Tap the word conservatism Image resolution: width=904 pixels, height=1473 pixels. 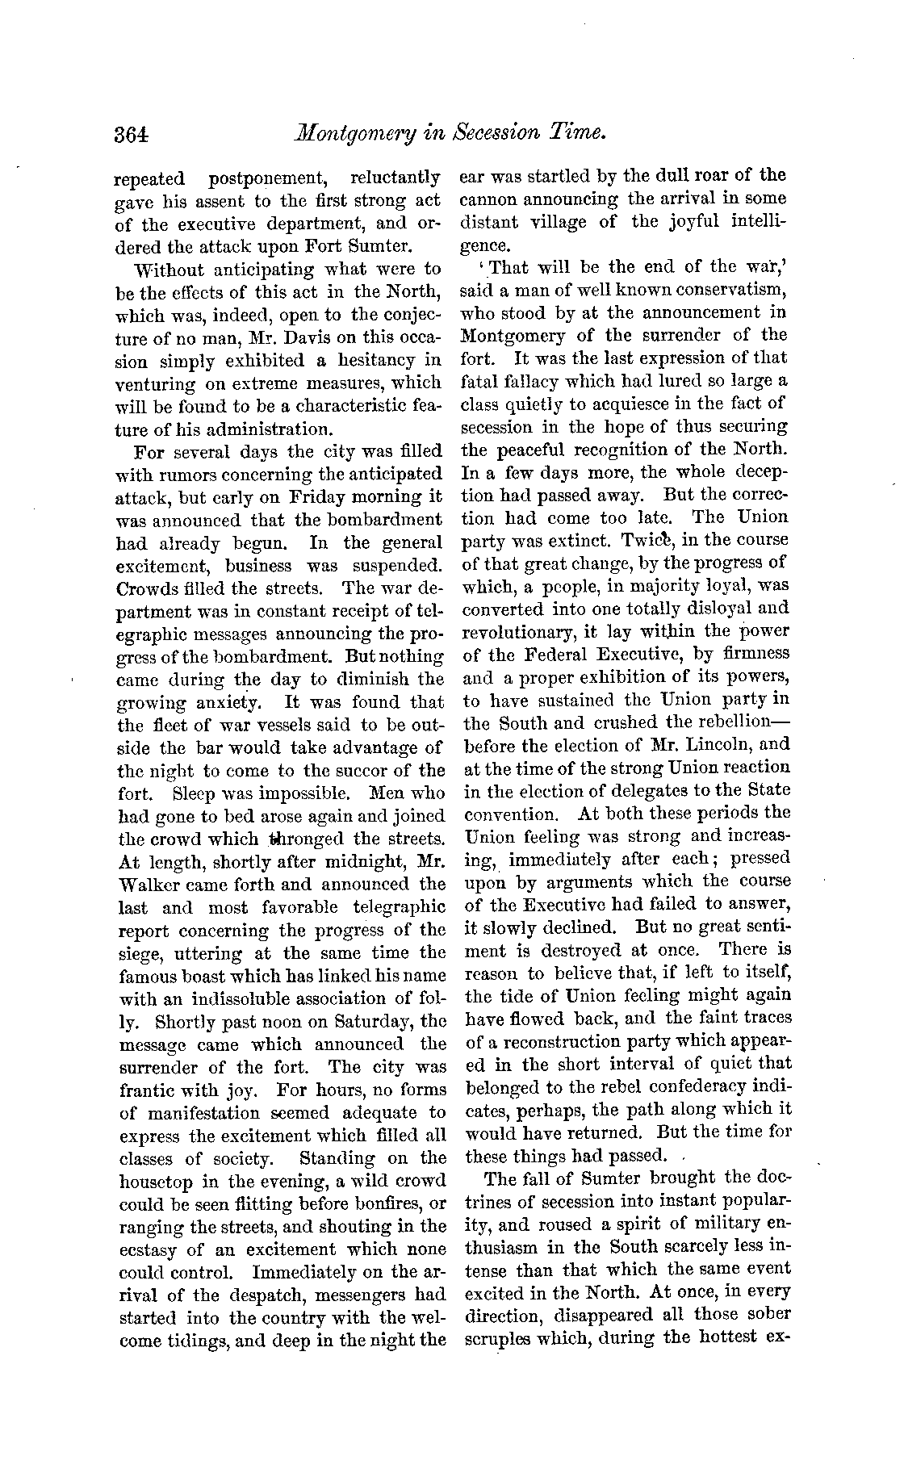(x=723, y=289)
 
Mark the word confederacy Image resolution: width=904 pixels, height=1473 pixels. (x=697, y=1087)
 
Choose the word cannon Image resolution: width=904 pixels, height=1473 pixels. (x=486, y=199)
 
